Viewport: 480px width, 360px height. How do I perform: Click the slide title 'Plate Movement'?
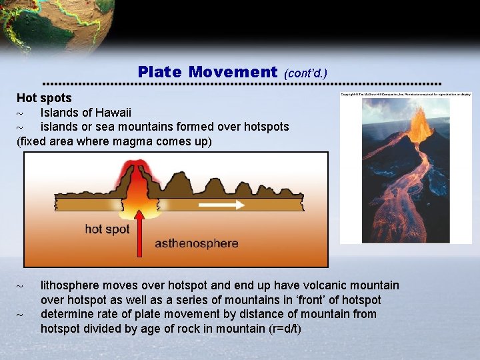207,71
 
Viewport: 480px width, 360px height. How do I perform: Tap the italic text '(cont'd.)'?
306,73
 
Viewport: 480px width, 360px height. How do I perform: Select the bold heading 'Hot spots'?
44,98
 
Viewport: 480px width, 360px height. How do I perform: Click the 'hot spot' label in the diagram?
108,229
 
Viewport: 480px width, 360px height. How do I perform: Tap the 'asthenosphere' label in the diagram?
196,243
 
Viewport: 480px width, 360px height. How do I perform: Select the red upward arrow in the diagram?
139,233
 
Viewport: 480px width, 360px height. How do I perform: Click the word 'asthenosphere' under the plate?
196,243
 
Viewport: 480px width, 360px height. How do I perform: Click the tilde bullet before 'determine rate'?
19,315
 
